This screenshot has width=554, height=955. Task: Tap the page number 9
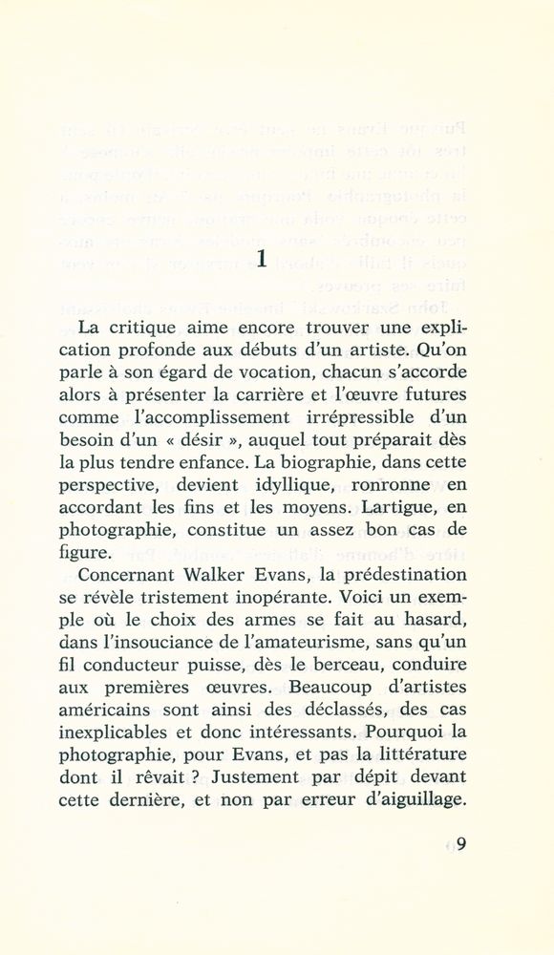tap(460, 843)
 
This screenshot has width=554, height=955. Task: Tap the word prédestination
tap(393, 576)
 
